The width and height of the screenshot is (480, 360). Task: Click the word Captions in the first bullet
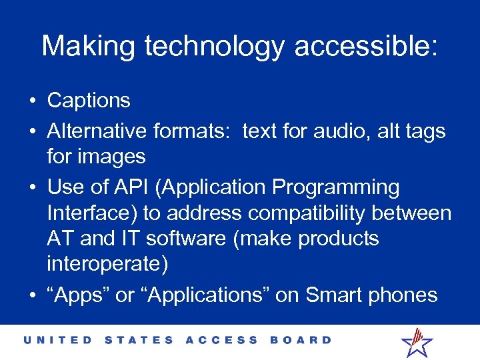pyautogui.click(x=89, y=101)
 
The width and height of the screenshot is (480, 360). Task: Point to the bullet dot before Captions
pyautogui.click(x=32, y=101)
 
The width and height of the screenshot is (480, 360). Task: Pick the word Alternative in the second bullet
pyautogui.click(x=97, y=131)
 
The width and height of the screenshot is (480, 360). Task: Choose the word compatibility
pyautogui.click(x=318, y=213)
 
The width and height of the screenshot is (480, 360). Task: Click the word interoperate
pyautogui.click(x=107, y=263)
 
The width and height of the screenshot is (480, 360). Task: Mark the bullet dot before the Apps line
pyautogui.click(x=32, y=296)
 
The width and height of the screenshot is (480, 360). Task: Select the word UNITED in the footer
pyautogui.click(x=59, y=340)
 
